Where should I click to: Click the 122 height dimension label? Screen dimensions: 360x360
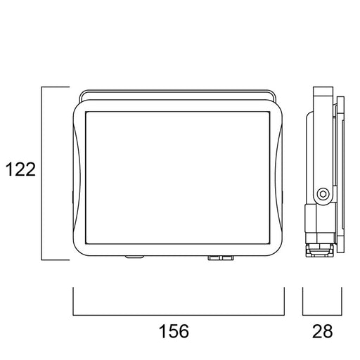point(20,169)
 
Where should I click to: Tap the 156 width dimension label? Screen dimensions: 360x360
point(174,331)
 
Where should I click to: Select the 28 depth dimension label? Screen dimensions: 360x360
point(322,331)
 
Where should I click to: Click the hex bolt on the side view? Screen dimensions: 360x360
point(323,194)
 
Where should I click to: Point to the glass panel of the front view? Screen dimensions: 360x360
point(178,178)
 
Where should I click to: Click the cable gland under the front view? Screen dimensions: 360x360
point(221,258)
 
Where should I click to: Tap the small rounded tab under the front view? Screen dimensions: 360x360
point(134,257)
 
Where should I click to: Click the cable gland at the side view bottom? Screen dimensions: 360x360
point(319,250)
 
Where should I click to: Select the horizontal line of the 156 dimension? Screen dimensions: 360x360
point(179,315)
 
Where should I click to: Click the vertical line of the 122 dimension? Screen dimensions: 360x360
point(41,174)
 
